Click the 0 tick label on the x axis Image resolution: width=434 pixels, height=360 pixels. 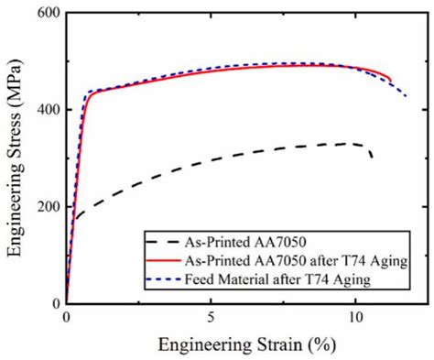pos(66,318)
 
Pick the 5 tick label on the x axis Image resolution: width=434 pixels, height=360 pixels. pos(212,318)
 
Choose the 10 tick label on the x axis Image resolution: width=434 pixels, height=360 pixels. pos(355,318)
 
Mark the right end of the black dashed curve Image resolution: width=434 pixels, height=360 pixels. pos(371,158)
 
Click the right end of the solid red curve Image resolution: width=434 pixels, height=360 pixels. pos(391,81)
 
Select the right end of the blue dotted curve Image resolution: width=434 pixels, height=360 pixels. pos(407,95)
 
